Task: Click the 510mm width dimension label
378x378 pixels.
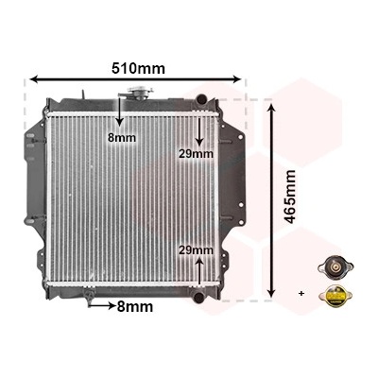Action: [x=138, y=68]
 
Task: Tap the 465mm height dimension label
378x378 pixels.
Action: [x=290, y=197]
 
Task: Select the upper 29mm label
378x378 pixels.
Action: [x=196, y=154]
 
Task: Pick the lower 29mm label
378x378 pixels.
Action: [x=196, y=250]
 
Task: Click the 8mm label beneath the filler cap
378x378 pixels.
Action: [x=122, y=138]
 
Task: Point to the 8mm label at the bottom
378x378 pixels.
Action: [x=135, y=306]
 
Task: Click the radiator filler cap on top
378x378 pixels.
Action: [x=140, y=93]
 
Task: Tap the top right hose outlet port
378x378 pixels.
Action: [x=200, y=98]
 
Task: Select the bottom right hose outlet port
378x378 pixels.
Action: [x=198, y=298]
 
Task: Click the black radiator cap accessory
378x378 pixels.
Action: [x=335, y=269]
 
